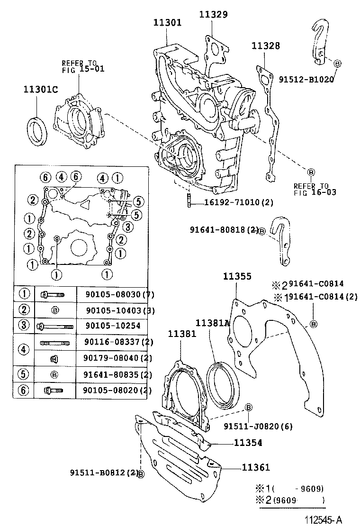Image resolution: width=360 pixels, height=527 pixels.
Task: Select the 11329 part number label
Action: (x=213, y=15)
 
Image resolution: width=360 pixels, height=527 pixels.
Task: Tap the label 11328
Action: (x=265, y=46)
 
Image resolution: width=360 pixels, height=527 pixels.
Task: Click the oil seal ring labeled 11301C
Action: (x=37, y=130)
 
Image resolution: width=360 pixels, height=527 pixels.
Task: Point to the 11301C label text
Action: (x=41, y=90)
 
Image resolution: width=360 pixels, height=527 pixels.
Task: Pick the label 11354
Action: (x=248, y=443)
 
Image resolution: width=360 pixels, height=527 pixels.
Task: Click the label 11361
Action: (x=256, y=467)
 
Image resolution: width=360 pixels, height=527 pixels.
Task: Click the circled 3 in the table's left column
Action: (x=24, y=326)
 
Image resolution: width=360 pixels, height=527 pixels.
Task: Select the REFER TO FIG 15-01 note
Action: (x=83, y=66)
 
